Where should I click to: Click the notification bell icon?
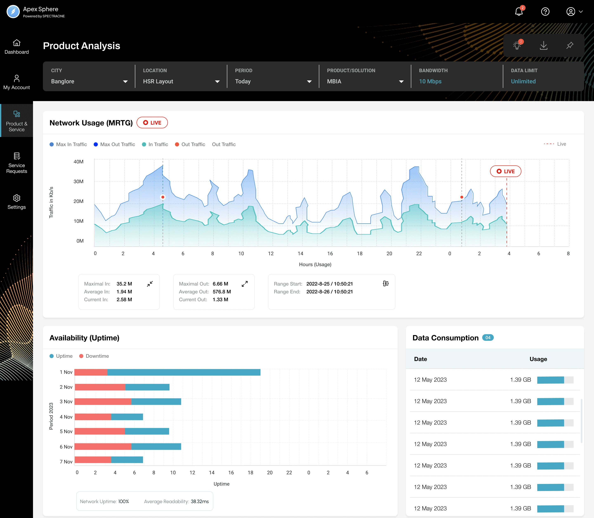click(519, 12)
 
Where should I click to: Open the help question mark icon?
click(545, 12)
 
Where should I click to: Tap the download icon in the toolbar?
click(543, 45)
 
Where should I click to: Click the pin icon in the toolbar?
click(570, 45)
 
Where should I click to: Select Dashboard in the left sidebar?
click(16, 47)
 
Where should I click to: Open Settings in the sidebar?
click(16, 202)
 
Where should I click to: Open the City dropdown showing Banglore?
click(89, 81)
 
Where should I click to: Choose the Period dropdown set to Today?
click(273, 81)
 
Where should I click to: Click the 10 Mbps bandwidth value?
click(430, 81)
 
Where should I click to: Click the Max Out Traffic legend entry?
click(114, 144)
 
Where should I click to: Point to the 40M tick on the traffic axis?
click(78, 162)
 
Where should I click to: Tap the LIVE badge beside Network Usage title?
click(152, 123)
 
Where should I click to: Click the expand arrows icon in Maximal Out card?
click(245, 284)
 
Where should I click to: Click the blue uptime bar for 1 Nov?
click(184, 372)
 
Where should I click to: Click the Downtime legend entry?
click(94, 356)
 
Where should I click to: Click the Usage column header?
click(538, 359)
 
